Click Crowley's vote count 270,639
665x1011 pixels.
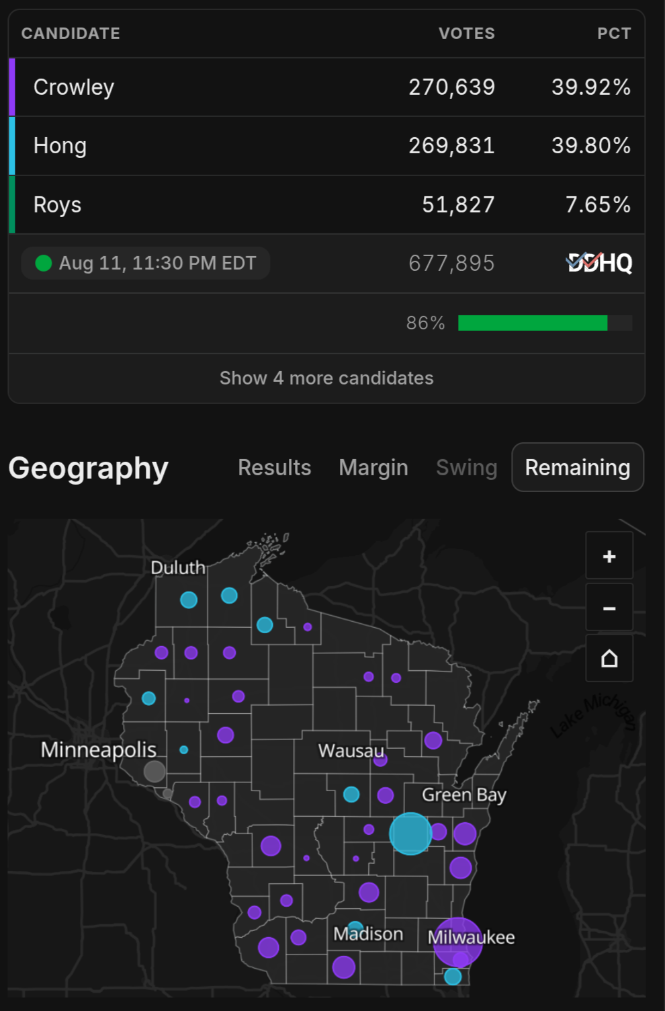451,87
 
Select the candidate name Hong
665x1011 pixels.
60,146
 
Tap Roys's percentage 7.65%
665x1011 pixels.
598,204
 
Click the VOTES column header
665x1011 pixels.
466,34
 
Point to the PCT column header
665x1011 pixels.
614,34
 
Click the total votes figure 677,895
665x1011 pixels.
451,263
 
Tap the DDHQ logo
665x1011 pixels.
599,263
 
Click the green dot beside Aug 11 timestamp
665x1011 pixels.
44,263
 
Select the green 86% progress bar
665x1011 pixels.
533,323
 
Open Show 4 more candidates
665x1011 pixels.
326,378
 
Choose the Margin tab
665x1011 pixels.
373,467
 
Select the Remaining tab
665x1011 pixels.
578,467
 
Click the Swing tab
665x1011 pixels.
466,467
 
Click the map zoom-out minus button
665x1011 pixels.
609,608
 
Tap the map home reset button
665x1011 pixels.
609,659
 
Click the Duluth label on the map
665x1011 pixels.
178,568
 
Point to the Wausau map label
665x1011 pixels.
351,751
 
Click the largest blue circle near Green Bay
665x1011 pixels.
410,834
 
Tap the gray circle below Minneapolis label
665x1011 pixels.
154,771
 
